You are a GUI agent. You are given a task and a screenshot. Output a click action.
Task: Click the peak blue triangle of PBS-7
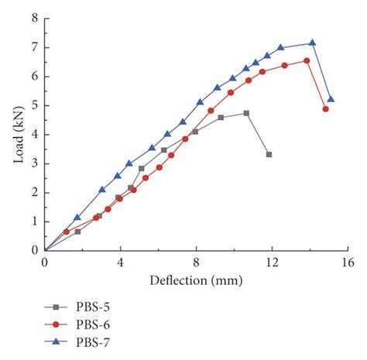click(312, 43)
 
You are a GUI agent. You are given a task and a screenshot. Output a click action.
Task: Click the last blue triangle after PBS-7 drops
click(331, 99)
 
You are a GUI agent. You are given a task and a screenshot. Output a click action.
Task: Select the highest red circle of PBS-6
click(307, 60)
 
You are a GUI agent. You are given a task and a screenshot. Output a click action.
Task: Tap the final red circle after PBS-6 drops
click(326, 109)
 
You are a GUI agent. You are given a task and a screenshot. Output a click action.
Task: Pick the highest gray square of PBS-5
click(246, 113)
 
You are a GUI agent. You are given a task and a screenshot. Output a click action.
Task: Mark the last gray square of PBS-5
click(269, 155)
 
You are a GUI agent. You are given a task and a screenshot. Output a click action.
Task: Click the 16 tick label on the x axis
click(347, 263)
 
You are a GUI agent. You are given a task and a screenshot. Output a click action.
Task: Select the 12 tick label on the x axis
click(272, 263)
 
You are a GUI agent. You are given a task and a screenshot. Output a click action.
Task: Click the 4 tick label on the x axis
click(120, 263)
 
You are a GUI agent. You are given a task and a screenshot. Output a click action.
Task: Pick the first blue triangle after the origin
click(77, 218)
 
